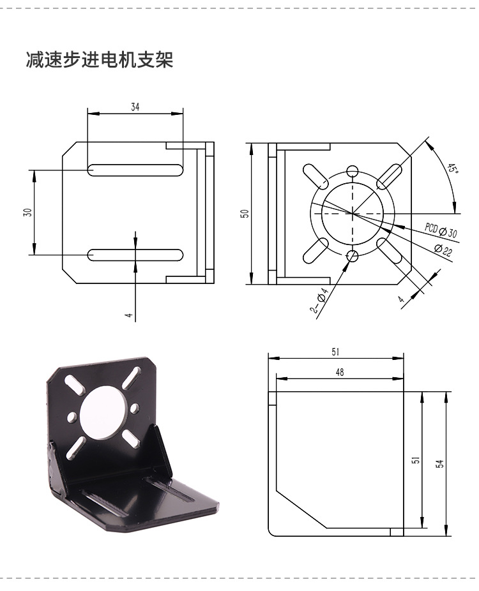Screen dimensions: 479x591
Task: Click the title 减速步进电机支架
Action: (x=99, y=61)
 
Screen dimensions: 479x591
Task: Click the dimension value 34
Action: (x=135, y=107)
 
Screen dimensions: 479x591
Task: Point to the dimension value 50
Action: (x=244, y=213)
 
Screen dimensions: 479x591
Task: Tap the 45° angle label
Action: (x=452, y=169)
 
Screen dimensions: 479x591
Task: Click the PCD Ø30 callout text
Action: (x=441, y=230)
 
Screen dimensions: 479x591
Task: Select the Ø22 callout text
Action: (x=443, y=250)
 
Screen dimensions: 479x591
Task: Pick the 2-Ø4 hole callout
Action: (x=319, y=301)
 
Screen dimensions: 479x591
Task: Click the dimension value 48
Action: (x=339, y=372)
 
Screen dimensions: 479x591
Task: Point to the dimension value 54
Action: (x=439, y=464)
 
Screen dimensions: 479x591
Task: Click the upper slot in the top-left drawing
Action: (x=135, y=170)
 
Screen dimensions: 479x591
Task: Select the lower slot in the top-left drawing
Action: (x=135, y=255)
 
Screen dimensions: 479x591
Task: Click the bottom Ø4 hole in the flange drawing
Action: (x=352, y=256)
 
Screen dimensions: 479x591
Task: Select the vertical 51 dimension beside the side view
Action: (x=415, y=460)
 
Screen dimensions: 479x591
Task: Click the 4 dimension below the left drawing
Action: (x=128, y=315)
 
